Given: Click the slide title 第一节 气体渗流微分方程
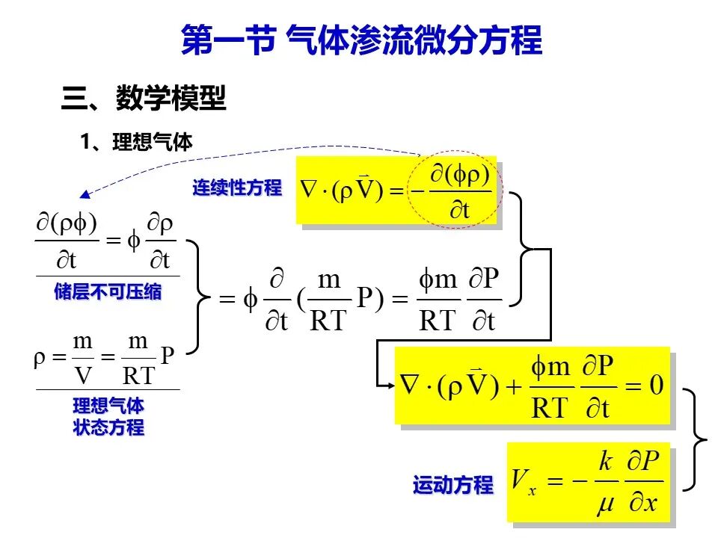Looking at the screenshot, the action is (362, 40).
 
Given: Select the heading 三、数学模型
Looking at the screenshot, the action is (144, 97).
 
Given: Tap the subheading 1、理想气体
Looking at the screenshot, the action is (136, 142).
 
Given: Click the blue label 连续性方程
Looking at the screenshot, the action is (237, 188).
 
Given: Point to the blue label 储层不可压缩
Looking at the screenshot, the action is (108, 291).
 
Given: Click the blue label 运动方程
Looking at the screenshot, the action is (453, 485).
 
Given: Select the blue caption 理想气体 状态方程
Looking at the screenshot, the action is (108, 416).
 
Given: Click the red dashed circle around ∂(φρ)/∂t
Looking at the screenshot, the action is (456, 151).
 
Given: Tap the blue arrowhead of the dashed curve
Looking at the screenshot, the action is (85, 194).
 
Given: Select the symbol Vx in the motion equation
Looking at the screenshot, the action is (524, 481).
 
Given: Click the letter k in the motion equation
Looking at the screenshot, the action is (605, 460).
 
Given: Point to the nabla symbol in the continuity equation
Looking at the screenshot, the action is (309, 189).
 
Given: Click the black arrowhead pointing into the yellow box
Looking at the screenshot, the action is (390, 386).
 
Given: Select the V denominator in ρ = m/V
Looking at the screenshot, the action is (83, 376).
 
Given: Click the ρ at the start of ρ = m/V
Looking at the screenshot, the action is (40, 359).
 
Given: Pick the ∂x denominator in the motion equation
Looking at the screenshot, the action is (643, 503).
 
